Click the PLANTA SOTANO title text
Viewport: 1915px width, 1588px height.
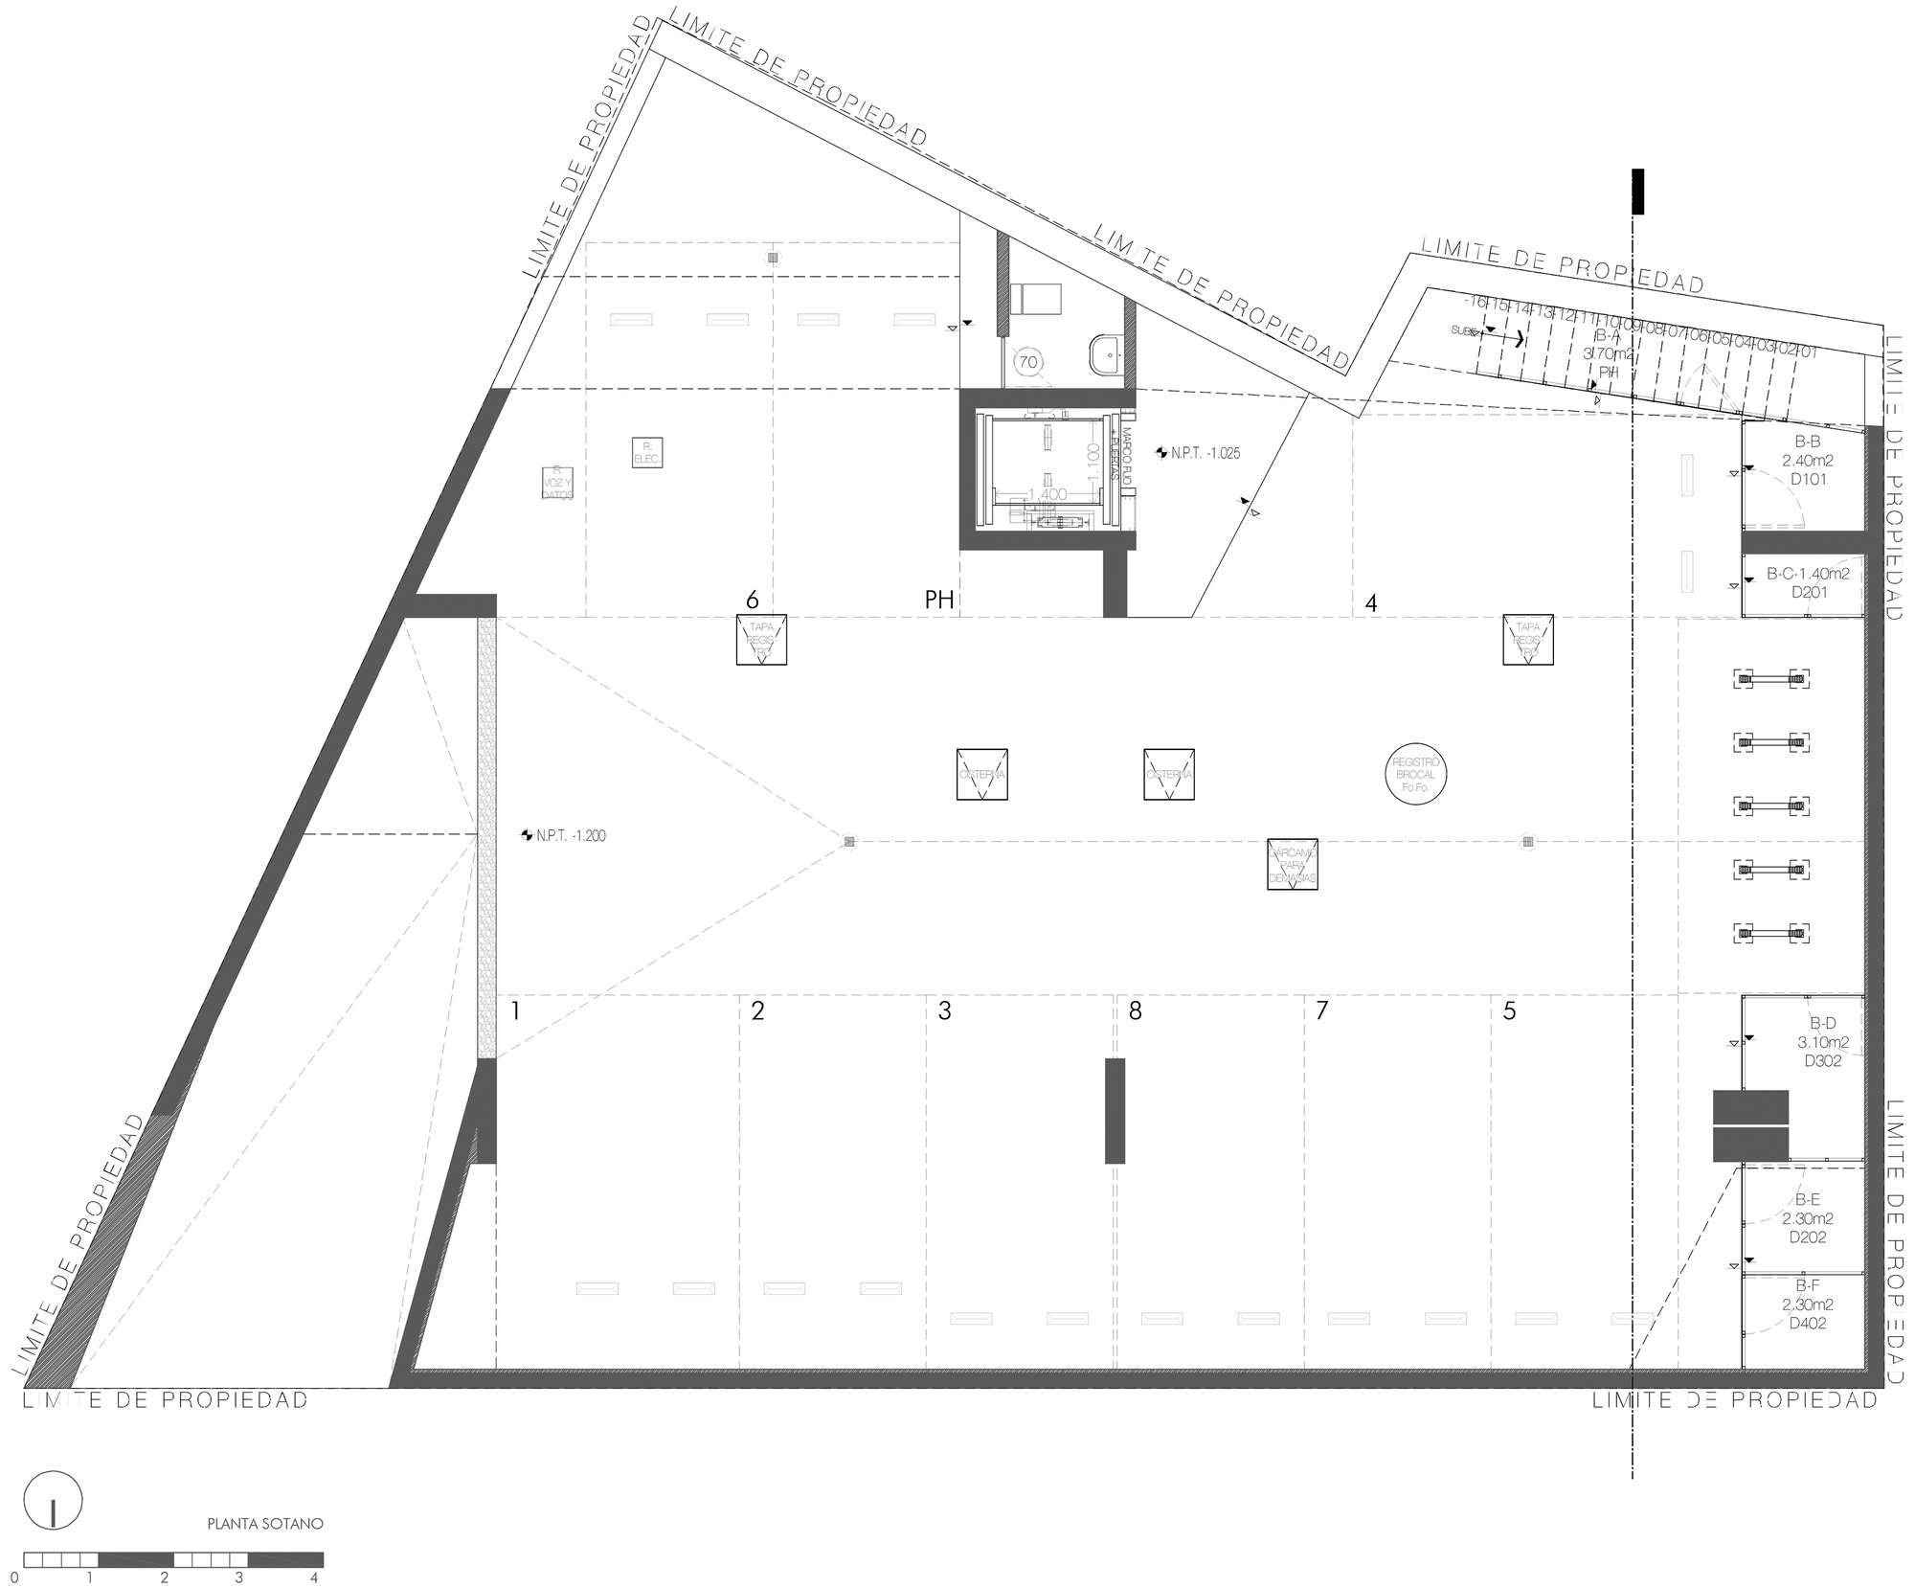265,1523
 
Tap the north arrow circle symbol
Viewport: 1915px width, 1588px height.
54,1501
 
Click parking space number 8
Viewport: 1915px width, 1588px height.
1136,1011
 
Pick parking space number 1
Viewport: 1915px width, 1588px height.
516,1011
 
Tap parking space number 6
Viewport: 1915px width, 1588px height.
753,601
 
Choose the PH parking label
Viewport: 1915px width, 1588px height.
939,601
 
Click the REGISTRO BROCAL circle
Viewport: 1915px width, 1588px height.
1416,774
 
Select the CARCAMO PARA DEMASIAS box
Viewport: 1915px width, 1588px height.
1292,865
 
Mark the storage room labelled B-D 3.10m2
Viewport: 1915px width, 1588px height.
1815,1042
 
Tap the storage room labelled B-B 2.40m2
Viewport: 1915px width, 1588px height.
1807,461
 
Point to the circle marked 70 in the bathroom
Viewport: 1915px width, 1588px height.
1028,362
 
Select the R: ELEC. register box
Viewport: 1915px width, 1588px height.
647,452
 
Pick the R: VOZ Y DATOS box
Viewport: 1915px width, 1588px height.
556,483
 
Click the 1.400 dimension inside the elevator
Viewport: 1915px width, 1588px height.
1048,494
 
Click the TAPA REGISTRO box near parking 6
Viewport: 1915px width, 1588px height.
761,640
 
